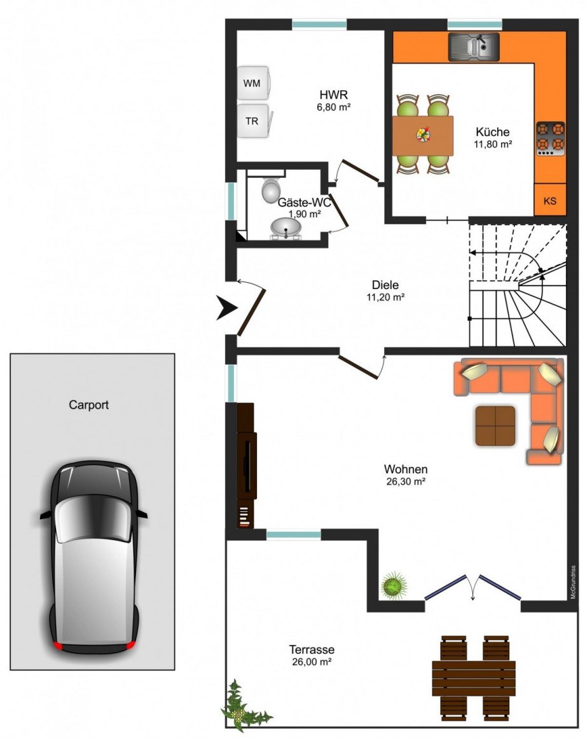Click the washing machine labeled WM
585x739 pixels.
pos(254,83)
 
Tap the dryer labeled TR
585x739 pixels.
pos(254,121)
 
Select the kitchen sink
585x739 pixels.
pos(474,46)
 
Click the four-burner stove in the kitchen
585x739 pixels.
pos(551,139)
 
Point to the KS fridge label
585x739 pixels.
pos(550,201)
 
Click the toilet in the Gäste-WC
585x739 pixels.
pos(270,189)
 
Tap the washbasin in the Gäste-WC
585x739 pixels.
pos(286,229)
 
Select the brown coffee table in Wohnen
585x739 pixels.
pos(495,426)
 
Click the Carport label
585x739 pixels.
pos(88,404)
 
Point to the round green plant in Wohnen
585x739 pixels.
pos(394,585)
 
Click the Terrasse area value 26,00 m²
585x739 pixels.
pos(312,661)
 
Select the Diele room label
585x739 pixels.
pos(385,285)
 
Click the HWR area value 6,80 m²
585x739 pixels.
pos(334,107)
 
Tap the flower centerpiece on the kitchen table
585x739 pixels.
pos(423,134)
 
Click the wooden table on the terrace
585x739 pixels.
pos(474,678)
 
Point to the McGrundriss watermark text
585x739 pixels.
pos(573,582)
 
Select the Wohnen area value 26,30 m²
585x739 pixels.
pos(406,482)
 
